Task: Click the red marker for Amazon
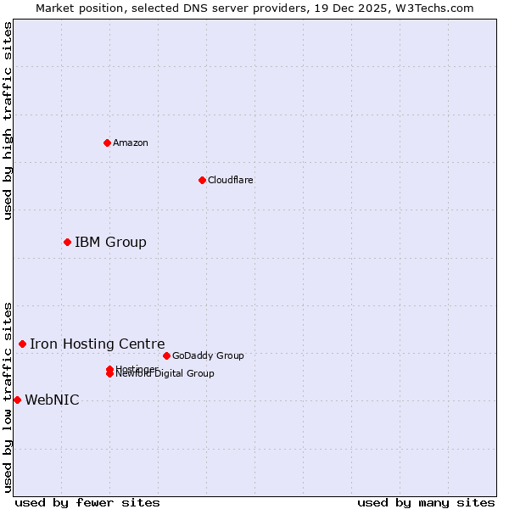[107, 143]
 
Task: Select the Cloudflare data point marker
[202, 180]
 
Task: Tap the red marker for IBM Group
[67, 243]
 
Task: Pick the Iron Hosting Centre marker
[22, 344]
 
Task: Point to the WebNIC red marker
[17, 400]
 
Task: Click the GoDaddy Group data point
[166, 355]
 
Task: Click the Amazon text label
[131, 143]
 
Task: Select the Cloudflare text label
[231, 180]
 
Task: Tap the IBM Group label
[110, 243]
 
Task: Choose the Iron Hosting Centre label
[98, 344]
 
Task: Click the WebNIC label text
[52, 400]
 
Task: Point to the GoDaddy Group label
[208, 355]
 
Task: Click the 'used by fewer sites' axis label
[87, 502]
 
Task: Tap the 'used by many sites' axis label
[426, 502]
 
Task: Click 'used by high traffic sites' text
[8, 120]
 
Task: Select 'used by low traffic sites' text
[8, 397]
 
